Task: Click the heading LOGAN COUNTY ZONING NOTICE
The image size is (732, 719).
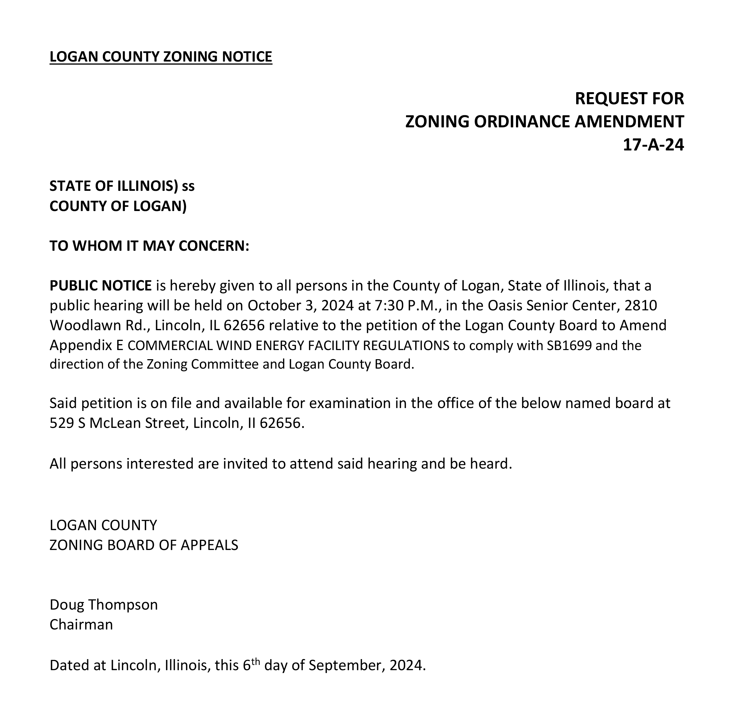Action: tap(161, 57)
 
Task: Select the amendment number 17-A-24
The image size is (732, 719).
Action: tap(653, 145)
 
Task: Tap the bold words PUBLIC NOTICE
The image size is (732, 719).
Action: tap(101, 286)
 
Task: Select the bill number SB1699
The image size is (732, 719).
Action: tap(569, 345)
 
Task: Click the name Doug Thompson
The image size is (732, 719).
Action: tap(104, 605)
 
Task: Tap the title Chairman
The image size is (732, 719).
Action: tap(81, 625)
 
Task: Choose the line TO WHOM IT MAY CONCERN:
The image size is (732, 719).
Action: tap(149, 246)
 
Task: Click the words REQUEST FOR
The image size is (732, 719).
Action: tap(629, 99)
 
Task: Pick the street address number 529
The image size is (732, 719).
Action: tap(62, 423)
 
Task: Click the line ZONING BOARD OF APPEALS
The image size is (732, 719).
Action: tap(144, 545)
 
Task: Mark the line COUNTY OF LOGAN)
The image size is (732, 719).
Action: tap(118, 206)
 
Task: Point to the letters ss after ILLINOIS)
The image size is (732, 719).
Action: tap(188, 186)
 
